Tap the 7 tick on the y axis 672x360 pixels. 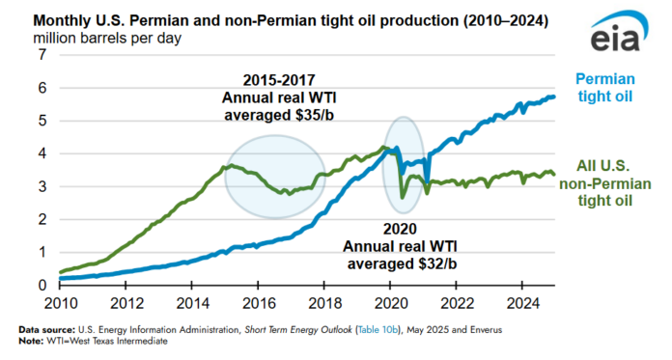click(x=42, y=55)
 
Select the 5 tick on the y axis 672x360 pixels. click(x=42, y=121)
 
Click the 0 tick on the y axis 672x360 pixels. click(x=42, y=285)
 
